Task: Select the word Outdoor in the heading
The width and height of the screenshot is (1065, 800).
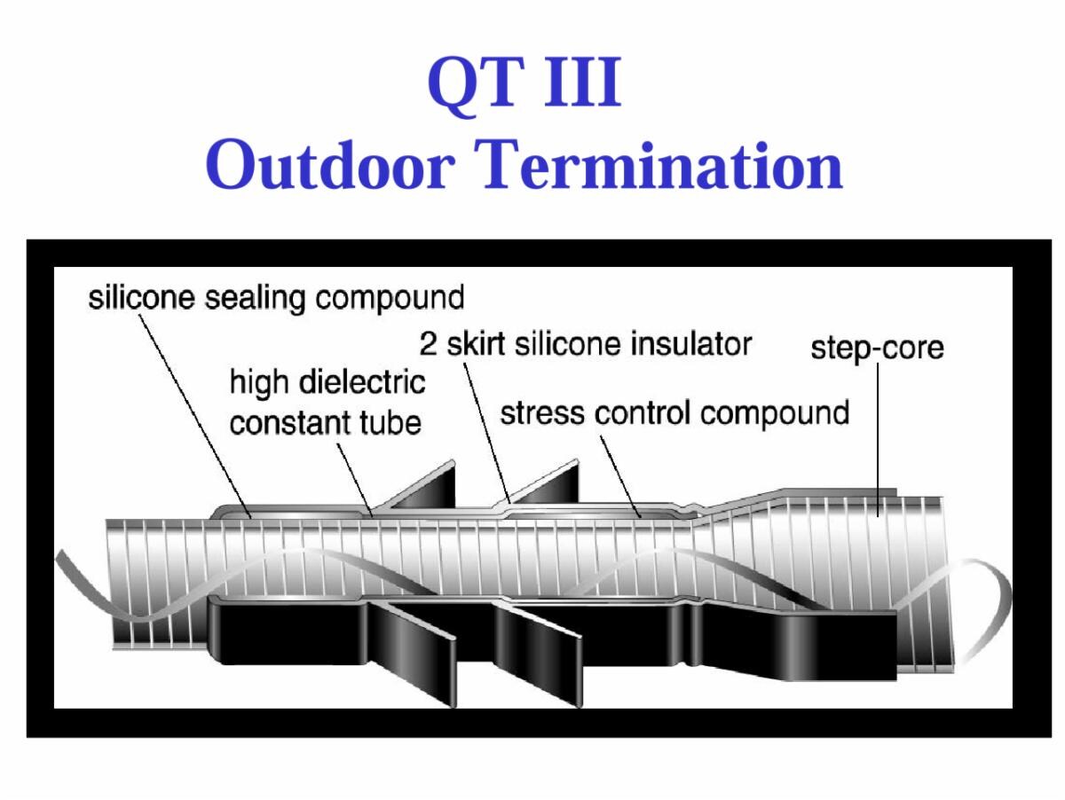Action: coord(330,164)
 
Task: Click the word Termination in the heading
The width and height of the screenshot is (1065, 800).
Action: coord(659,164)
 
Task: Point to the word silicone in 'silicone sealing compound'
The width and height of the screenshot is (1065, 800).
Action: coord(141,297)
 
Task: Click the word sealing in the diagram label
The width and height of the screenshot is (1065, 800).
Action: coord(254,298)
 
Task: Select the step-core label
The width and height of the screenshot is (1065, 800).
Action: coord(877,349)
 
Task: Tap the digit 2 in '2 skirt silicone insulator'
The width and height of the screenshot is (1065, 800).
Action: coord(428,344)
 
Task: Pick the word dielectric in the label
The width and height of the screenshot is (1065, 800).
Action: coord(362,382)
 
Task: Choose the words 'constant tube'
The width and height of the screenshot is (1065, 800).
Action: coord(325,423)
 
